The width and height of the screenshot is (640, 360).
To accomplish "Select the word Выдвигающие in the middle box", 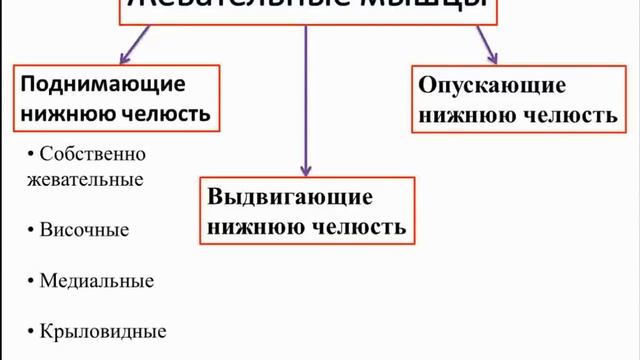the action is click(275, 197).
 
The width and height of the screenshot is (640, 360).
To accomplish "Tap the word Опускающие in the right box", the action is click(482, 86).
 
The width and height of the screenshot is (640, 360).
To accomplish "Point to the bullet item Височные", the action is click(84, 230).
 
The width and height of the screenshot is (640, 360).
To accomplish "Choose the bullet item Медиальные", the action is click(96, 280).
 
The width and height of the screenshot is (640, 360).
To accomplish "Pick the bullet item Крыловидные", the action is click(102, 331).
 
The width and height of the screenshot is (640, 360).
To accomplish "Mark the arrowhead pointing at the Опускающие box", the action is click(490, 57).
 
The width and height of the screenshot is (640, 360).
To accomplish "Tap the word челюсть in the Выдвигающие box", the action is click(356, 226).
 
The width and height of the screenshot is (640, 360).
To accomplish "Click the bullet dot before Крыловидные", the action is click(33, 329).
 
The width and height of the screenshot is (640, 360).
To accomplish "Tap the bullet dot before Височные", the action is click(33, 228).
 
